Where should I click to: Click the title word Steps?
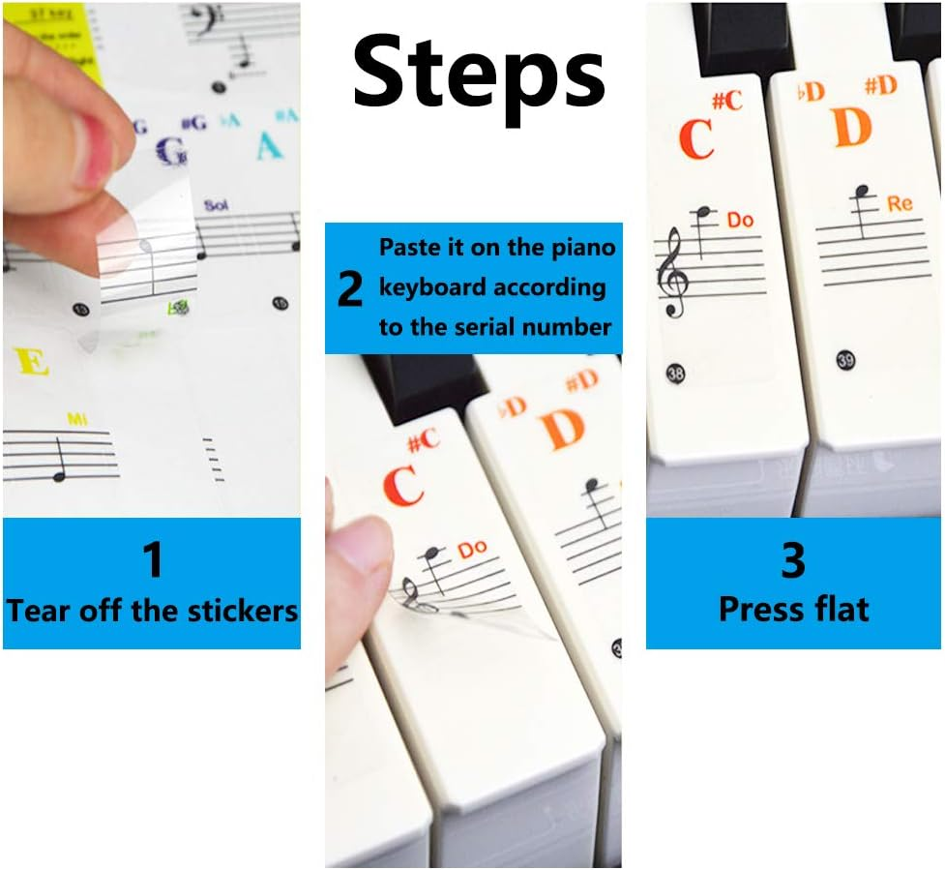tap(479, 74)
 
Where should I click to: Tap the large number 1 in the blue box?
tap(152, 560)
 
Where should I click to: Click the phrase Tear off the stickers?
tap(152, 611)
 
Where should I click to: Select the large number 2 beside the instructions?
tap(350, 288)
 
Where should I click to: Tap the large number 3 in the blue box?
tap(792, 560)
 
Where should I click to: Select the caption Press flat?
tap(793, 609)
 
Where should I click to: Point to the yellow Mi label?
tap(76, 419)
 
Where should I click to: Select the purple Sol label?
tap(215, 206)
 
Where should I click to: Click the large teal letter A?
tap(268, 146)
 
